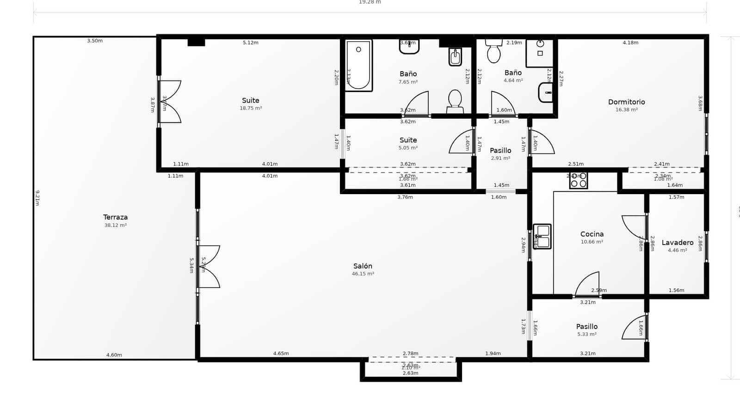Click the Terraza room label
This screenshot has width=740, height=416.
point(115,217)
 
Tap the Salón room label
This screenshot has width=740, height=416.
point(363,266)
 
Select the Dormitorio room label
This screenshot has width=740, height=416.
point(626,102)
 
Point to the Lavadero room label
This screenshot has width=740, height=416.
point(677,243)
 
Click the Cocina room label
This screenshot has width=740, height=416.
point(592,234)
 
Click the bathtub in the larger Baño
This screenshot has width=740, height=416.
point(358,65)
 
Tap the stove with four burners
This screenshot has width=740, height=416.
point(579,180)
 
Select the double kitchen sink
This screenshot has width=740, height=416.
point(542,236)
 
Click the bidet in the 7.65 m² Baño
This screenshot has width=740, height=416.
point(455,57)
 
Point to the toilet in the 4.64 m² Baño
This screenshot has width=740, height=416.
point(493,51)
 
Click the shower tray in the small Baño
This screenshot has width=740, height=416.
point(540,53)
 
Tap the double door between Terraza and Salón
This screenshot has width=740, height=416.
point(208,267)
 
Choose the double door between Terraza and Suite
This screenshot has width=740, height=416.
point(170,102)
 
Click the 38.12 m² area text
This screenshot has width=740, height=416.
point(115,226)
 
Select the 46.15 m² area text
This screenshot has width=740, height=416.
point(363,274)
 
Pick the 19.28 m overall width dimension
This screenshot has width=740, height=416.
point(370,2)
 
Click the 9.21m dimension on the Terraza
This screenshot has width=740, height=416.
point(37,198)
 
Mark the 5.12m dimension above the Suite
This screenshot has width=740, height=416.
point(250,43)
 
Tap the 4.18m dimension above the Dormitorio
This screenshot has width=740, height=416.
point(630,43)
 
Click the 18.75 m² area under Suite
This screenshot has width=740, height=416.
point(251,109)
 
